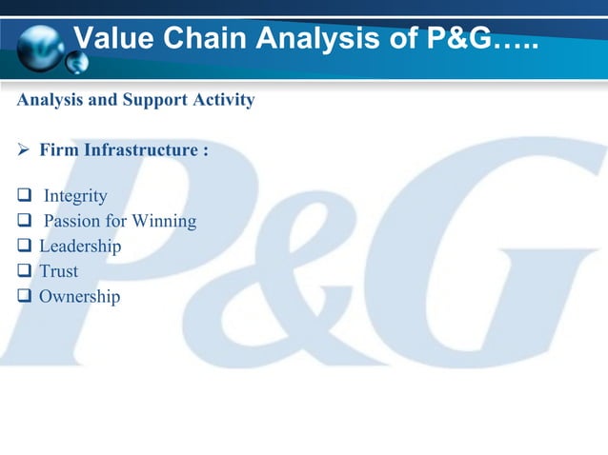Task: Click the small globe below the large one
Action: click(x=76, y=62)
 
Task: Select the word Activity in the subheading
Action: click(x=223, y=99)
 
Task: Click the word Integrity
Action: click(x=75, y=197)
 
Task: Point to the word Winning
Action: click(x=164, y=222)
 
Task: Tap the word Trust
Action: click(x=58, y=272)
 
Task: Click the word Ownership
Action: click(x=79, y=297)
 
